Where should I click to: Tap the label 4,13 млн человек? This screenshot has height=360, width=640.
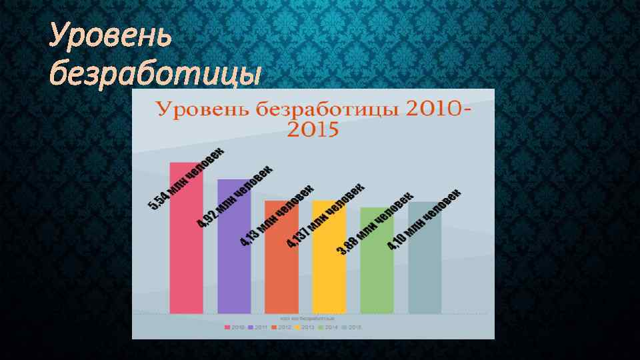277,215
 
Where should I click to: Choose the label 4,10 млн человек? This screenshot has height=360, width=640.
424,219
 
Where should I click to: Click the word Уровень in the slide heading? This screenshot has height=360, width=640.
111,37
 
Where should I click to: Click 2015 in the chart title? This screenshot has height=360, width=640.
313,129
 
